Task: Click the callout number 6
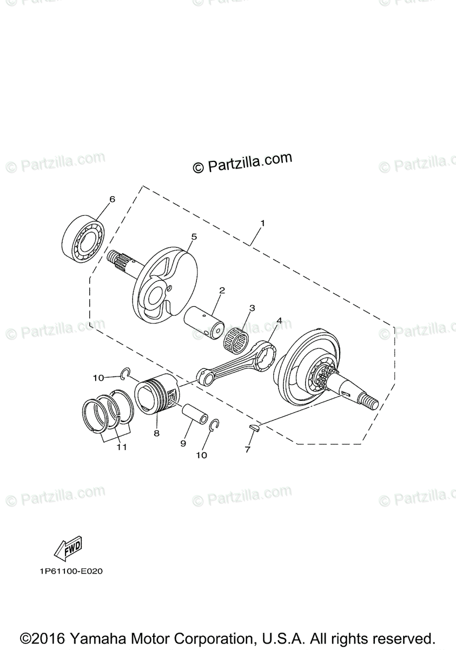[112, 199]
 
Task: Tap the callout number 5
[179, 237]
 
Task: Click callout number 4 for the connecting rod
[279, 321]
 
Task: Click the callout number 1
[262, 223]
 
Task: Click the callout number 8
[156, 433]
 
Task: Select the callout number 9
[183, 443]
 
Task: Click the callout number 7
[247, 450]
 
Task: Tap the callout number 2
[222, 291]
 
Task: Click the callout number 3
[252, 308]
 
